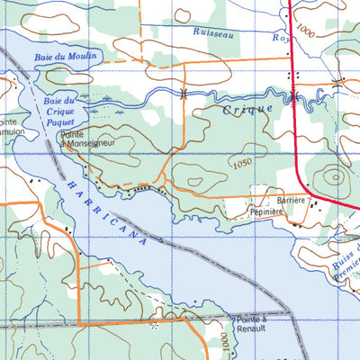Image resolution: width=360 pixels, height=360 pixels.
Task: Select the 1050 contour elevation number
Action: pyautogui.click(x=239, y=163)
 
